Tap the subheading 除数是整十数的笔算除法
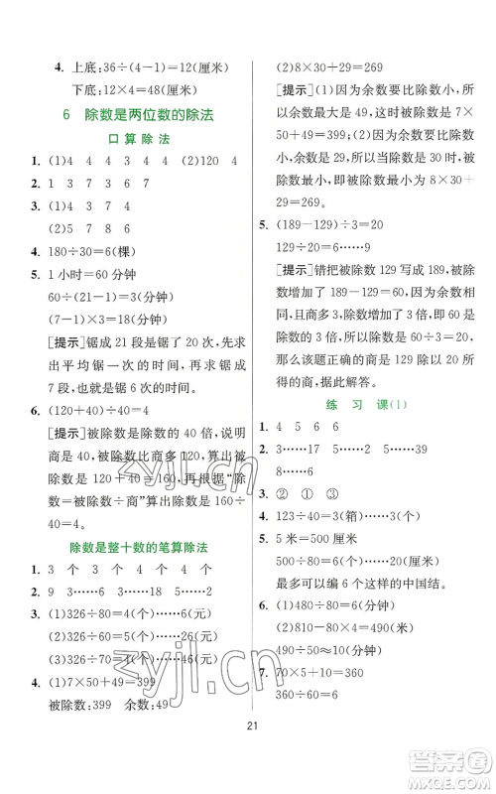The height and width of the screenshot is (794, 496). coord(136,547)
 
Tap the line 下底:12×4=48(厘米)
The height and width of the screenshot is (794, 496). coord(139,90)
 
